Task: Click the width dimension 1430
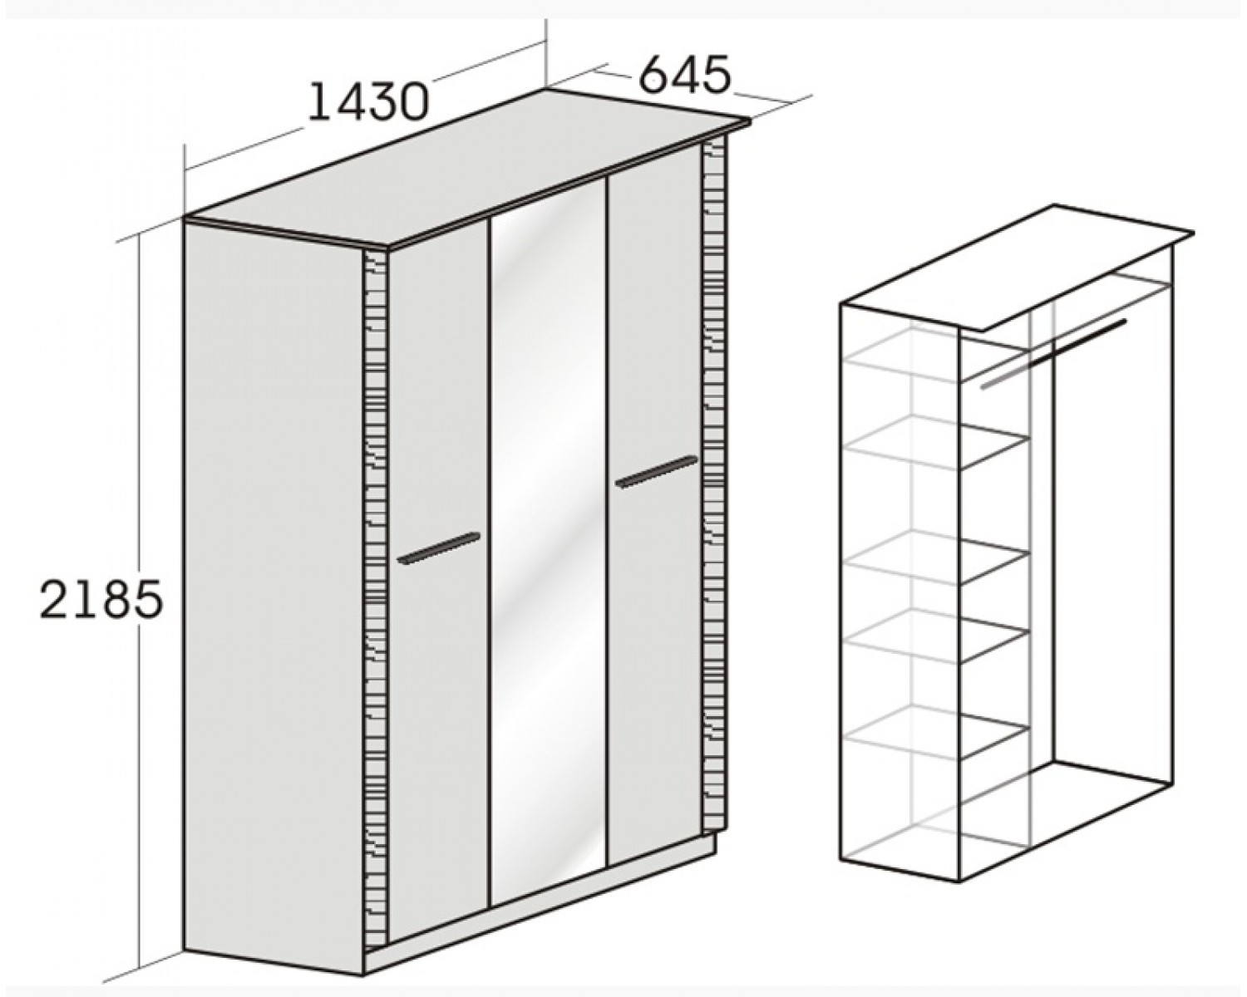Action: [x=368, y=102]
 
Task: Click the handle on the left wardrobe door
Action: [x=439, y=548]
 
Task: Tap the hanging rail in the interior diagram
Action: [x=1052, y=354]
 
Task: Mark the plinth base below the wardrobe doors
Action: [x=539, y=921]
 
